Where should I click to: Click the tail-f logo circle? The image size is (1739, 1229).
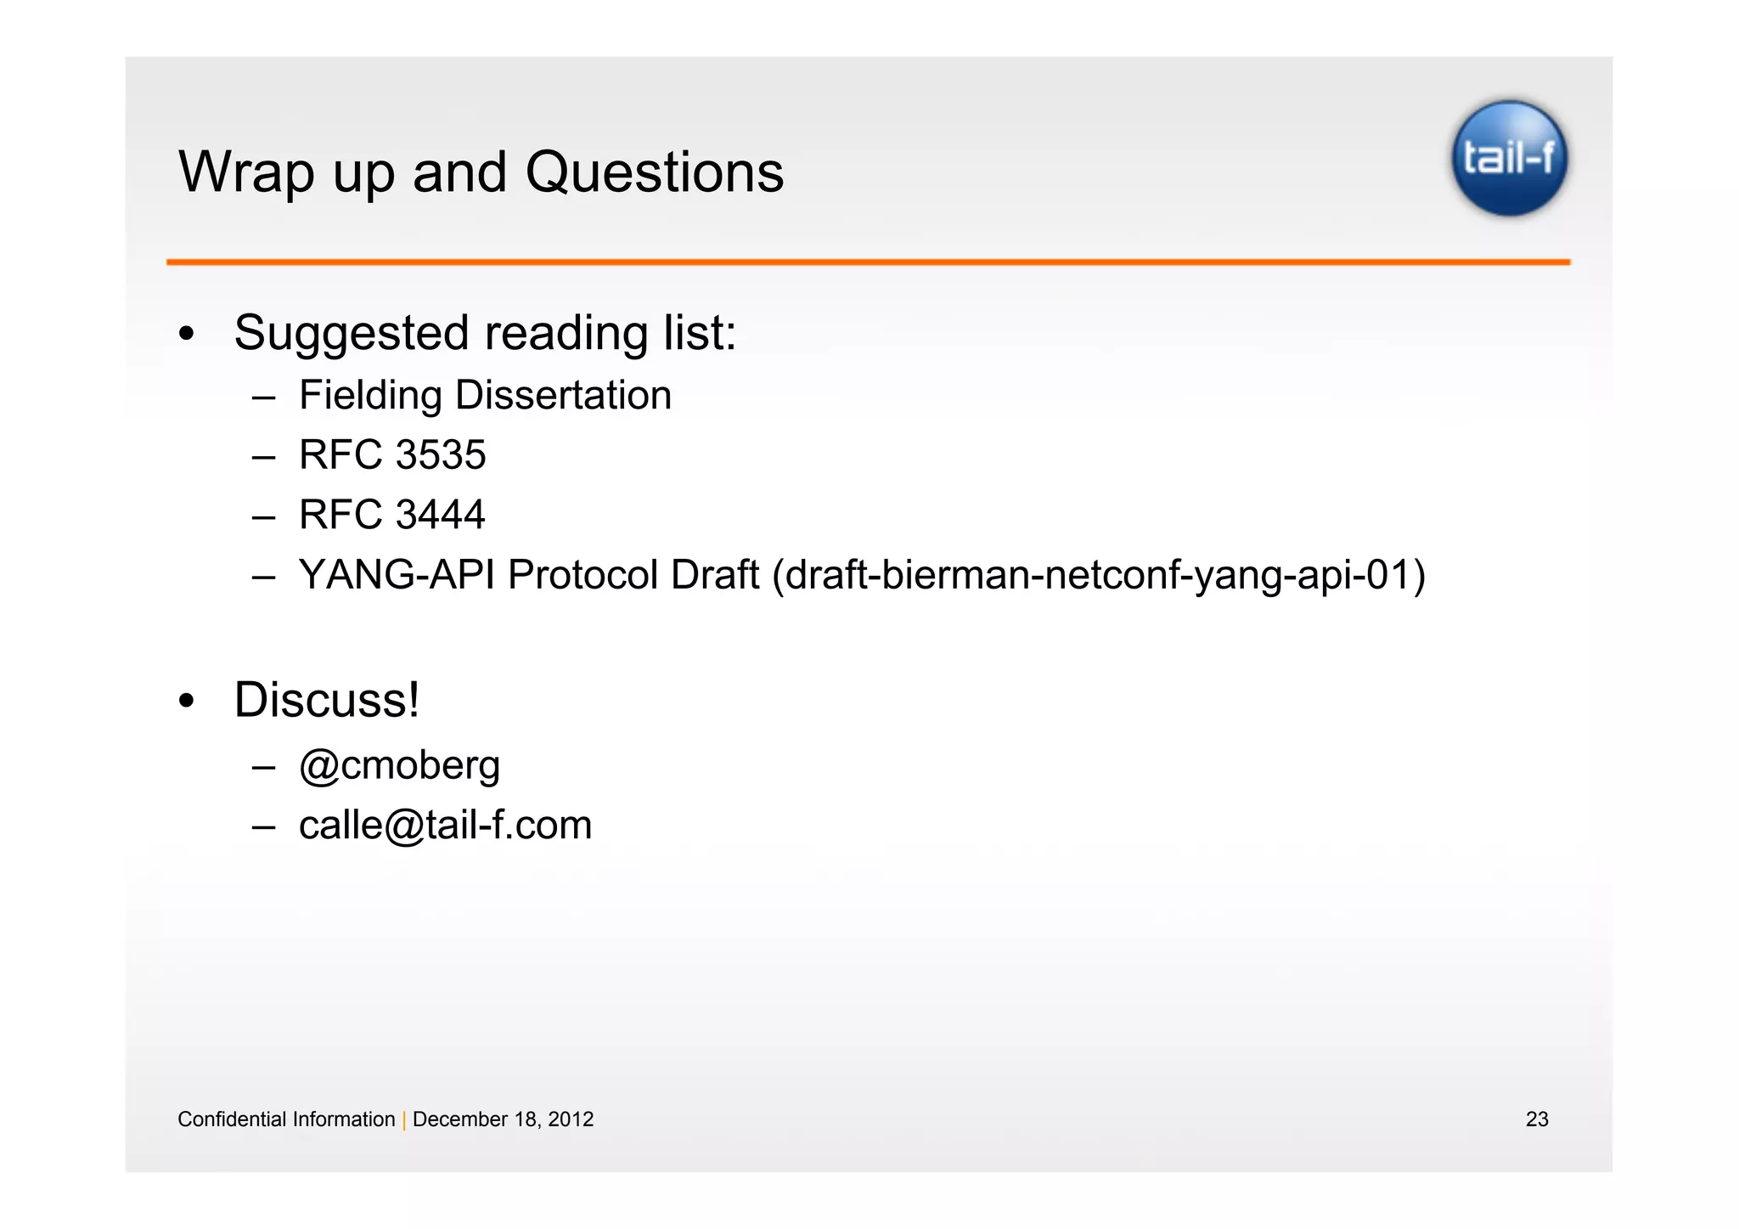[1509, 158]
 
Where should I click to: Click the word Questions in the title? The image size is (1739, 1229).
[654, 173]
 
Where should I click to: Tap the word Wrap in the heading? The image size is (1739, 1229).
[246, 173]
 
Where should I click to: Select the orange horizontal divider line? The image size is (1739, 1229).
[868, 262]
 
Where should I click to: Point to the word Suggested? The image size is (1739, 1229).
[351, 333]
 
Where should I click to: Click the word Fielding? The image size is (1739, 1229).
[370, 396]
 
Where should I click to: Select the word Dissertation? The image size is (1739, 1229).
[563, 396]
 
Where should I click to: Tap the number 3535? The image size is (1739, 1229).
[440, 455]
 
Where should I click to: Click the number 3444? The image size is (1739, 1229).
[440, 515]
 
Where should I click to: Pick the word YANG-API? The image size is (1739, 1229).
[397, 575]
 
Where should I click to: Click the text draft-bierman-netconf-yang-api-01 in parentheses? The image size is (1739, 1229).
[1098, 575]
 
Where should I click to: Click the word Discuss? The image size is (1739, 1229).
[326, 700]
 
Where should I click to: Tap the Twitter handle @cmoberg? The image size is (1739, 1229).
[399, 765]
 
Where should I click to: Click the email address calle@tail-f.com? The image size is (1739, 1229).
[445, 826]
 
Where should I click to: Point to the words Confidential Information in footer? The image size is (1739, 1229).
[286, 1119]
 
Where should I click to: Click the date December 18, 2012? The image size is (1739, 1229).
[503, 1119]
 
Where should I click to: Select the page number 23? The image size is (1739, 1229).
[1536, 1119]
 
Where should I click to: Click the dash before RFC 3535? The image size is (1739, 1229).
[263, 457]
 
